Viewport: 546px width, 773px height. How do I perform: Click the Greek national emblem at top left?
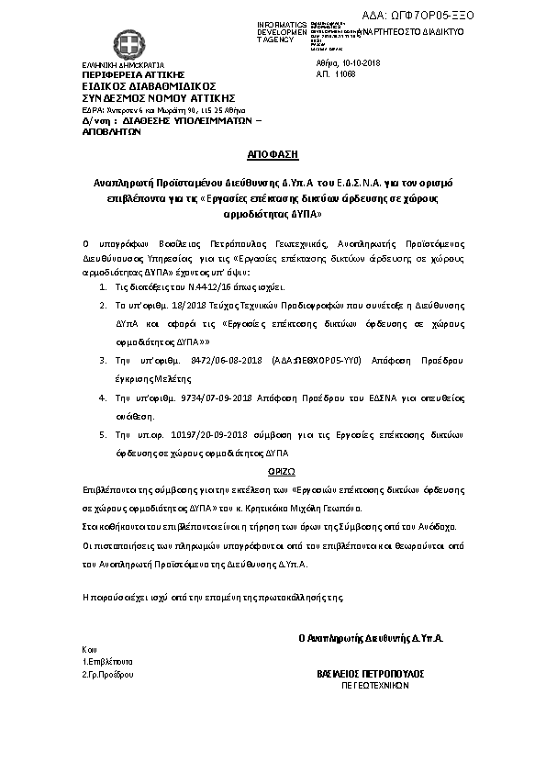tap(124, 43)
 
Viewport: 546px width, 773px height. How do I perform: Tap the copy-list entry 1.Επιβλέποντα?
tap(106, 661)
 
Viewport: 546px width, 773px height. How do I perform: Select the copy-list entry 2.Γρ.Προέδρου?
tap(107, 674)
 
